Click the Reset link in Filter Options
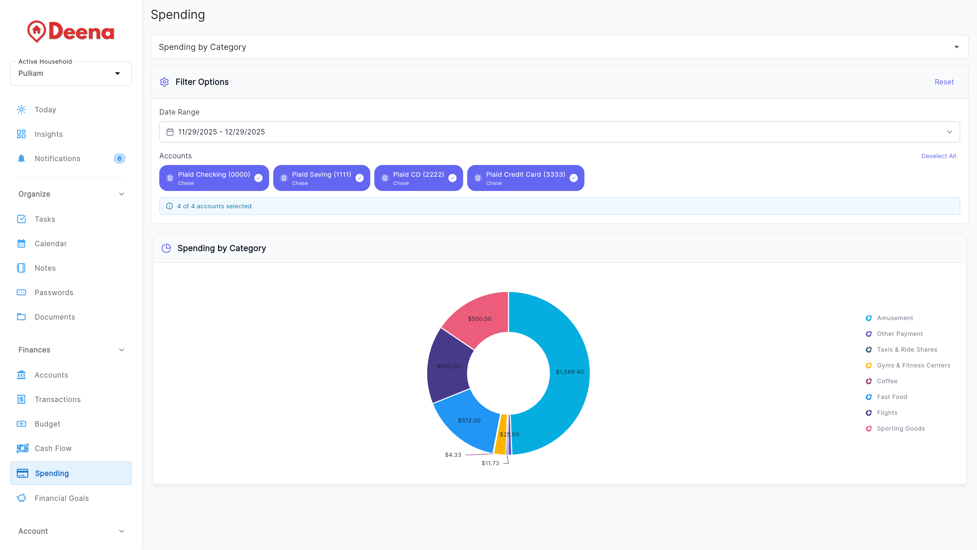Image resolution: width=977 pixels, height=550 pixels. pyautogui.click(x=944, y=82)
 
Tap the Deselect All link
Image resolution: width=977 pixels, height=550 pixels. pyautogui.click(x=938, y=156)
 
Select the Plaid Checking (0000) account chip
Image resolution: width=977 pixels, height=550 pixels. pyautogui.click(x=214, y=178)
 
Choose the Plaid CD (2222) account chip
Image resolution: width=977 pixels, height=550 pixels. pyautogui.click(x=418, y=178)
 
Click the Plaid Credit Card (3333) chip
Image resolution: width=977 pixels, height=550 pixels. pyautogui.click(x=525, y=178)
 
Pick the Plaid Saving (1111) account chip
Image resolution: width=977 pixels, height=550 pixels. pyautogui.click(x=321, y=178)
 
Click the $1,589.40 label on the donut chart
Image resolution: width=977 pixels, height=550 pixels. pyautogui.click(x=569, y=372)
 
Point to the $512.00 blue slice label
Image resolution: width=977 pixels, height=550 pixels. pyautogui.click(x=469, y=420)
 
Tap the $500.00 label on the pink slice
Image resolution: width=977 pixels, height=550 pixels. pyautogui.click(x=479, y=319)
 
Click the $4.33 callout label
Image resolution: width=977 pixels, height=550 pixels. pyautogui.click(x=453, y=455)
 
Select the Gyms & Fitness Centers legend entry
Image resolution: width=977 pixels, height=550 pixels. pyautogui.click(x=913, y=365)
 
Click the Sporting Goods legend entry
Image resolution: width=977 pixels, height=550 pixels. pyautogui.click(x=900, y=429)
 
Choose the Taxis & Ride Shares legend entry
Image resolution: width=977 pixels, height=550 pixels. pyautogui.click(x=907, y=350)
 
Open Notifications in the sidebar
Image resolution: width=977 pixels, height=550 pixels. pyautogui.click(x=57, y=159)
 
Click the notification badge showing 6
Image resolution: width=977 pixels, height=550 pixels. pyautogui.click(x=119, y=159)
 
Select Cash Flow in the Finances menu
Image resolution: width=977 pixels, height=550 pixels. pyautogui.click(x=53, y=448)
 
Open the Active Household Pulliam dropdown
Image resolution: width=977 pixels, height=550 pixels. pyautogui.click(x=71, y=73)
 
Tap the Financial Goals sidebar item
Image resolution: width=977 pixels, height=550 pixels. pyautogui.click(x=61, y=498)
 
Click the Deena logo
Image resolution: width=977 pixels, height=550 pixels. pyautogui.click(x=71, y=32)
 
